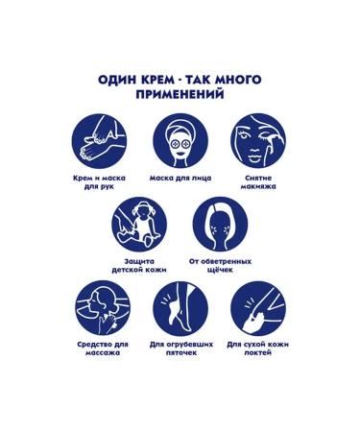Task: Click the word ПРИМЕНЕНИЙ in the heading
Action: tap(180, 95)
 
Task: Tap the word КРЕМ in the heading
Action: tap(156, 80)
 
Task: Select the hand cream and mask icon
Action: tap(99, 141)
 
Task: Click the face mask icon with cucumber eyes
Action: tap(180, 141)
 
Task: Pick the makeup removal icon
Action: tap(258, 141)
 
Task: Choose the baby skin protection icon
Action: tap(139, 225)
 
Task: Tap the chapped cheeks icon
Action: tap(220, 225)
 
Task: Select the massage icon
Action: tap(103, 308)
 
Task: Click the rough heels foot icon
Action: tap(180, 308)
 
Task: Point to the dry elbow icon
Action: tap(258, 308)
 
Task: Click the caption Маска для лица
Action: tap(180, 179)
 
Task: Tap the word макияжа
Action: tap(258, 186)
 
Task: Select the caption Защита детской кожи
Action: tap(139, 266)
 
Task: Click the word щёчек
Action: tap(220, 270)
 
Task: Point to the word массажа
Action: tap(103, 353)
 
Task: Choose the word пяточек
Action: tap(181, 353)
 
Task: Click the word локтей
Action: tap(258, 353)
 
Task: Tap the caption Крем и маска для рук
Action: tap(99, 182)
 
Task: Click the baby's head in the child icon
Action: tap(142, 209)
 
